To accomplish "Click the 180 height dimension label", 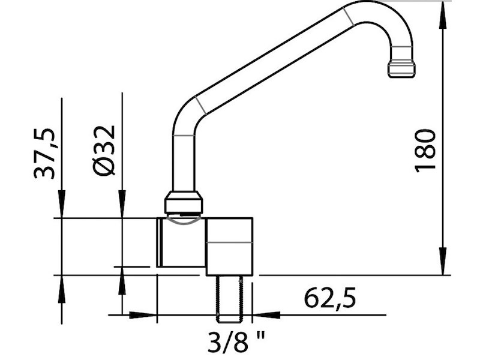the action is [425, 151].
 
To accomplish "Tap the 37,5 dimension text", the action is [44, 154].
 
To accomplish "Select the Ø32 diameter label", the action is [104, 151].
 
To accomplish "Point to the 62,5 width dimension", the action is [330, 298].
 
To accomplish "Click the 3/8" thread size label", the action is [236, 341].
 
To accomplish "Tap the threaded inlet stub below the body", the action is [230, 299].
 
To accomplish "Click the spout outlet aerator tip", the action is [401, 69].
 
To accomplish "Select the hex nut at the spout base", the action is [184, 202].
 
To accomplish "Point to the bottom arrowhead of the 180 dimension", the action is [442, 261].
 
